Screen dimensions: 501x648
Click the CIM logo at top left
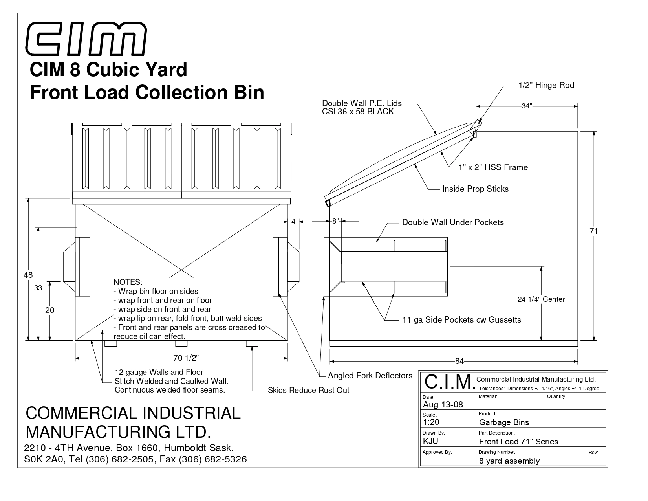(x=86, y=39)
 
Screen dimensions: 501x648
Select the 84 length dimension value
(x=459, y=361)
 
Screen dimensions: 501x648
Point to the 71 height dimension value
(x=593, y=231)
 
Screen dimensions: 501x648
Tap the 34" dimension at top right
(x=527, y=106)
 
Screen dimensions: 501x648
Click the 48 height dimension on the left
(x=28, y=275)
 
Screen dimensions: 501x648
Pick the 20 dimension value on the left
(x=49, y=310)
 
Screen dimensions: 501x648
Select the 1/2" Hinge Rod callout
(x=546, y=85)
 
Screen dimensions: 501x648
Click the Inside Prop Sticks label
(x=475, y=189)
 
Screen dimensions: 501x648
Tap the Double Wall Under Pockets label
(x=453, y=222)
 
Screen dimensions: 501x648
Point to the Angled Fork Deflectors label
(x=370, y=376)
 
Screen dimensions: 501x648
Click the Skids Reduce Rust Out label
(x=308, y=390)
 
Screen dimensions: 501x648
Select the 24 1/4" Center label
(x=541, y=299)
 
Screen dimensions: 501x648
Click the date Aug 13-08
(x=443, y=405)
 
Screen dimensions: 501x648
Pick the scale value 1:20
(x=431, y=422)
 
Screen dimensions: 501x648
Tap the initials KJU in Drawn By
(x=430, y=441)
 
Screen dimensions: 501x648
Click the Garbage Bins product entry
(x=504, y=422)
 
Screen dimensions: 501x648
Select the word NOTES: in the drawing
(x=128, y=282)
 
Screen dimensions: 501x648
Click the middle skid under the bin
(x=181, y=343)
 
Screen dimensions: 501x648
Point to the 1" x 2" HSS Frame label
(x=493, y=167)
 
